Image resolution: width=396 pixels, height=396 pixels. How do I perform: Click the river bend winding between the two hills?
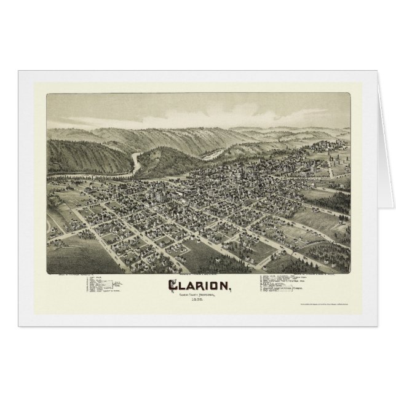(x=137, y=160)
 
